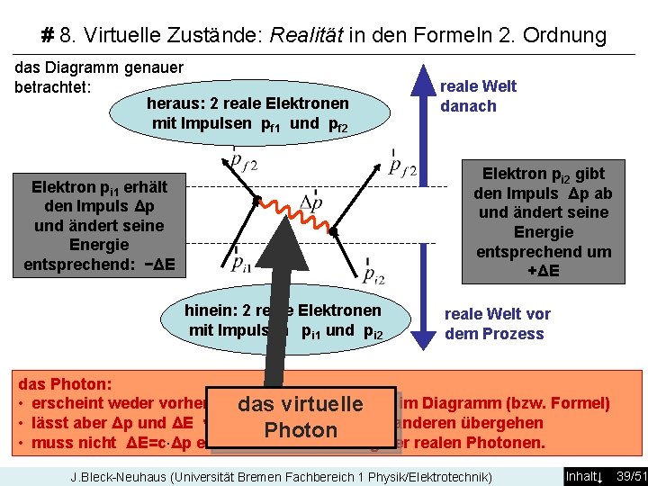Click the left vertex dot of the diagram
[256, 200]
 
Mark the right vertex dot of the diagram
[332, 233]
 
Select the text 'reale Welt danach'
[478, 96]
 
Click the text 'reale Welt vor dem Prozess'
[496, 324]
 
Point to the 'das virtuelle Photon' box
[301, 417]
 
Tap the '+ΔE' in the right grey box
[544, 270]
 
